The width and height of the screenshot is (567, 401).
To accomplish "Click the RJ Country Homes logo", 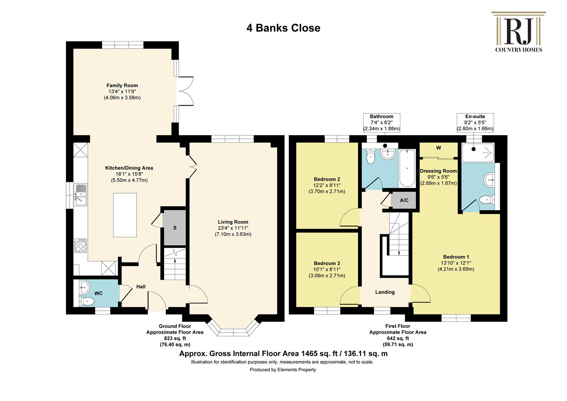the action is [x=518, y=32].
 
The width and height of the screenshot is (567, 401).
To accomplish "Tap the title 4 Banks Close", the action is [x=283, y=28].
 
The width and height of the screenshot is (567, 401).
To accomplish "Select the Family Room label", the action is [x=122, y=85].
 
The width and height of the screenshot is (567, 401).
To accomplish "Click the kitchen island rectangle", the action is [x=125, y=215].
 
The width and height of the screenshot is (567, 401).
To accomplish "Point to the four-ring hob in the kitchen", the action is [x=81, y=245].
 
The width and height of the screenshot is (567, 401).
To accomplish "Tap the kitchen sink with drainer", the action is [x=81, y=195].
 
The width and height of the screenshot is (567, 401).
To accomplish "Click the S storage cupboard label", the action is [x=175, y=228].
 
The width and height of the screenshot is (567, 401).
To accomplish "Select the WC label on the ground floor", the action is [x=98, y=293].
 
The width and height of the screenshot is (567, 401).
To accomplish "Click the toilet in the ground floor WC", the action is [x=86, y=301].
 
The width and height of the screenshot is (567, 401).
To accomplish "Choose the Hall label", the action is [x=141, y=287].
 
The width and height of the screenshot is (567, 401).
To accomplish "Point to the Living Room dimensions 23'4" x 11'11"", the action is [x=233, y=228].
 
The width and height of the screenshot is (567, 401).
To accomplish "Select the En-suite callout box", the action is [x=475, y=123].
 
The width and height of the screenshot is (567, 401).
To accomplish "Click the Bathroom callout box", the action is [x=381, y=123].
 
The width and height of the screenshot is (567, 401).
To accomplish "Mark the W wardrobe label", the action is [x=439, y=148].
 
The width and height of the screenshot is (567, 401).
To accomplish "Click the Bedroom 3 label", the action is [x=327, y=263].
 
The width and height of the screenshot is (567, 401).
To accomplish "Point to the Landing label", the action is [x=385, y=292].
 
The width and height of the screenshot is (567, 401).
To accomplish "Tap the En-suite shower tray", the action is [x=478, y=153].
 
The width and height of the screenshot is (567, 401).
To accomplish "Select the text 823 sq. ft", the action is [x=175, y=338].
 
